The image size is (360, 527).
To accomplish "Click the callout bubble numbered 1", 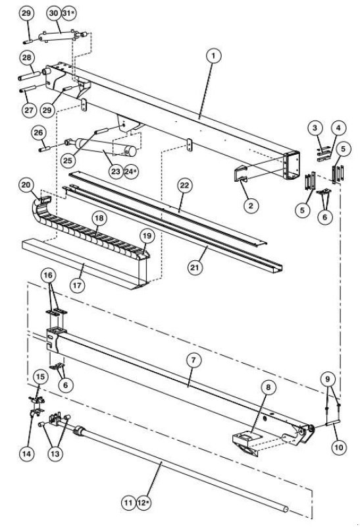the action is pyautogui.click(x=213, y=55).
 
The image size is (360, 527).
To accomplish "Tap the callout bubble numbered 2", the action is pyautogui.click(x=251, y=205).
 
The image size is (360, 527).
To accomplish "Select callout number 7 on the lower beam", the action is pyautogui.click(x=193, y=360).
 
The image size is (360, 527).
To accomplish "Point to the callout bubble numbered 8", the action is pyautogui.click(x=268, y=387).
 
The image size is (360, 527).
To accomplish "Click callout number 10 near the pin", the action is pyautogui.click(x=339, y=447).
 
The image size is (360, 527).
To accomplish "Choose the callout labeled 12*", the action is pyautogui.click(x=143, y=503).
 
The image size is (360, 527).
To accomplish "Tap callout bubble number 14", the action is pyautogui.click(x=26, y=454).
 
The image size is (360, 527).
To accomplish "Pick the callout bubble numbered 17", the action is pyautogui.click(x=77, y=286).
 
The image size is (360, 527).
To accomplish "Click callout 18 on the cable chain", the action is pyautogui.click(x=99, y=219).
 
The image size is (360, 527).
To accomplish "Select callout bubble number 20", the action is pyautogui.click(x=26, y=185).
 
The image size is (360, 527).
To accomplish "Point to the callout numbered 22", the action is pyautogui.click(x=185, y=186).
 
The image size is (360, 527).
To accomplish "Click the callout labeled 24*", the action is pyautogui.click(x=132, y=171).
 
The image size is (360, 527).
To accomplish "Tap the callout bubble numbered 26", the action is pyautogui.click(x=38, y=133).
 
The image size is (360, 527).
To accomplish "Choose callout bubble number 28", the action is pyautogui.click(x=26, y=57).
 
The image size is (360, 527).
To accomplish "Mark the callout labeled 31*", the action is pyautogui.click(x=69, y=13).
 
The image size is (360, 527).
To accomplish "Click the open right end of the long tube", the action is pyautogui.click(x=285, y=509).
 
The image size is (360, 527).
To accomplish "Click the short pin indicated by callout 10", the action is pyautogui.click(x=333, y=422).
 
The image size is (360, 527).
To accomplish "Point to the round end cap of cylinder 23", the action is pyautogui.click(x=131, y=152).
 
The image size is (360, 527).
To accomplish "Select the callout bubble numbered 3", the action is pyautogui.click(x=315, y=128).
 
